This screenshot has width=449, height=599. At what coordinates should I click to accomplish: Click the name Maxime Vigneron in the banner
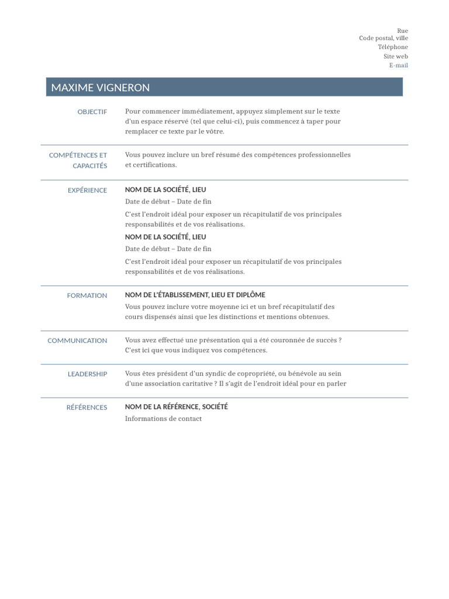[x=101, y=88]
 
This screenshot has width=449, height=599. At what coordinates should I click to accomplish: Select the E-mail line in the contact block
[x=399, y=66]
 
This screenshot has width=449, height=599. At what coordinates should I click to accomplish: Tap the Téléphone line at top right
[x=393, y=47]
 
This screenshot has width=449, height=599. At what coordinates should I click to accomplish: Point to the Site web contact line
[x=396, y=56]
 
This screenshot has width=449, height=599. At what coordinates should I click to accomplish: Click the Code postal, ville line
[x=384, y=38]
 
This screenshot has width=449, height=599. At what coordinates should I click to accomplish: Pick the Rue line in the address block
[x=402, y=30]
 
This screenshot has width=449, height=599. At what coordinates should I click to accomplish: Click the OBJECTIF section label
[x=92, y=112]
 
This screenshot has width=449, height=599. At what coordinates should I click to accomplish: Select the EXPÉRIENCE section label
[x=88, y=190]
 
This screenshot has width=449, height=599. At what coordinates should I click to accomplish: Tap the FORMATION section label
[x=87, y=296]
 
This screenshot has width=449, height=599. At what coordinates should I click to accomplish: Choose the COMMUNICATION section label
[x=77, y=340]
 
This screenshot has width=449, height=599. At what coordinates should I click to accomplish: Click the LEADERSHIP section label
[x=88, y=374]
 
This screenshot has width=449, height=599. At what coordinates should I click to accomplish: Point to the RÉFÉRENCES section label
[x=87, y=407]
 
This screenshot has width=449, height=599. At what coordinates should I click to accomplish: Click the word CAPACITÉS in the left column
[x=90, y=166]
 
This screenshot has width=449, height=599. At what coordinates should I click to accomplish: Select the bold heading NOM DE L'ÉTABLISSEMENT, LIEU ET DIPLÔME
[x=195, y=295]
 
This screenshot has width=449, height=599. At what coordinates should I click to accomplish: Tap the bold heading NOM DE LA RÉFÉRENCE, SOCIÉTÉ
[x=177, y=407]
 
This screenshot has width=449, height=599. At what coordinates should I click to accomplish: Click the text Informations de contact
[x=163, y=419]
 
